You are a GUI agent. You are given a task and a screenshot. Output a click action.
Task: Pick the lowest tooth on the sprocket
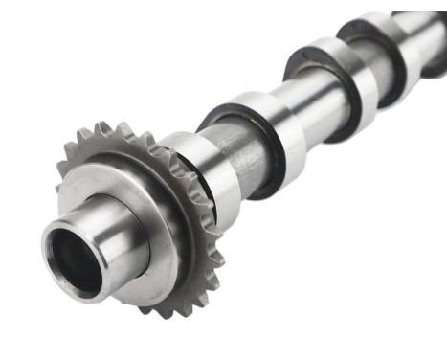[172, 312]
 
